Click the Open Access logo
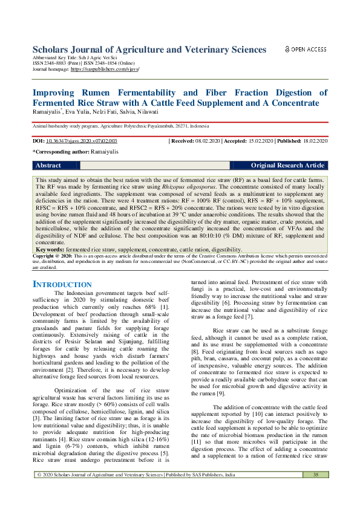(306, 50)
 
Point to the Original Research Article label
(287, 166)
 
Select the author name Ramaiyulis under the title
(47, 112)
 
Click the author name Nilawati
(155, 112)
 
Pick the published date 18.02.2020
(313, 141)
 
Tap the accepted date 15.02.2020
(260, 141)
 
